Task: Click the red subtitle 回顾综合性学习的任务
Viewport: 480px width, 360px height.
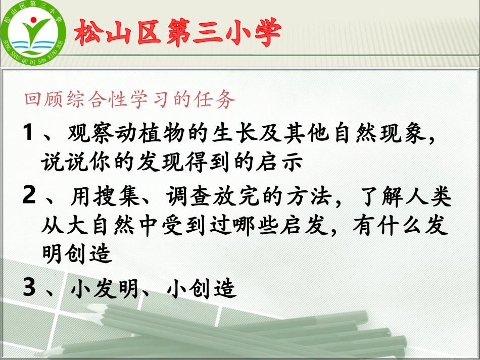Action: (x=130, y=100)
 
